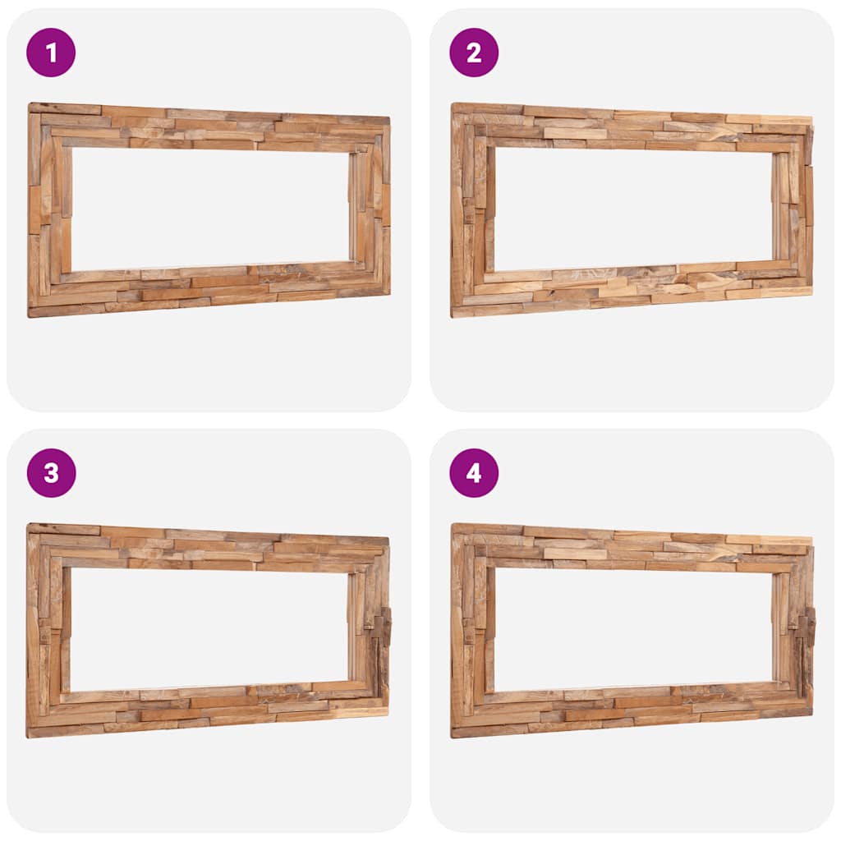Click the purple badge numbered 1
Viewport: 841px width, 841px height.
51,53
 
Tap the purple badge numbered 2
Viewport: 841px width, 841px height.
474,53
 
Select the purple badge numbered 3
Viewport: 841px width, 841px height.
51,473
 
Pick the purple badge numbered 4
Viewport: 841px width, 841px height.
474,473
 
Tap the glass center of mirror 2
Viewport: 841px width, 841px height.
633,209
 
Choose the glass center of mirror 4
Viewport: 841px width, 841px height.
633,629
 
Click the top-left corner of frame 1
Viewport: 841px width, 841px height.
31,106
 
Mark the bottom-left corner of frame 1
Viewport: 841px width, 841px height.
31,314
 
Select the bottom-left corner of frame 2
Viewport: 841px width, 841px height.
454,314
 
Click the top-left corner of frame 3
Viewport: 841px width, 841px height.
30,526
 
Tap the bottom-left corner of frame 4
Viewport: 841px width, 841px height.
454,734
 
